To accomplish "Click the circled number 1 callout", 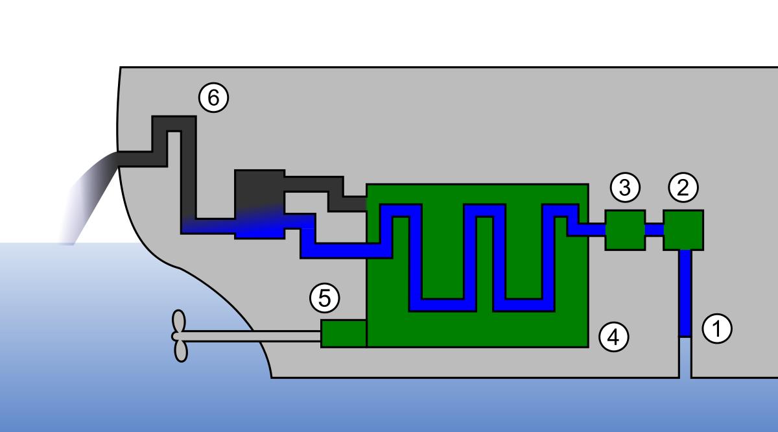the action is coord(717,328).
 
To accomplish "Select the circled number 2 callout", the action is coord(683,187).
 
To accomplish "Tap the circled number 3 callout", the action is coord(625,187).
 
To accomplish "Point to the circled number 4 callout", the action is coord(614,337).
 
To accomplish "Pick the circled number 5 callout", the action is coord(324,298).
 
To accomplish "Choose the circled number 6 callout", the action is coord(213,97).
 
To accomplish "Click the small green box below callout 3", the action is coord(625,230).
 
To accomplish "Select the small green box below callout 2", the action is coord(683,230).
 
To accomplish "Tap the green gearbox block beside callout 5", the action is coord(344,333).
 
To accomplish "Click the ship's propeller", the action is coord(180,336).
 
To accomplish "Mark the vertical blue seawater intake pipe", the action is coord(685,293).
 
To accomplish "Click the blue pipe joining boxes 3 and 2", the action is coord(654,230).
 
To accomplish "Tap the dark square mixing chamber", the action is coord(260,204).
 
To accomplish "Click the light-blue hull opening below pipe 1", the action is coord(685,357).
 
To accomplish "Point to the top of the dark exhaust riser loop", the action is coord(174,123).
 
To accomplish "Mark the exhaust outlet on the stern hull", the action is coord(118,159).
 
